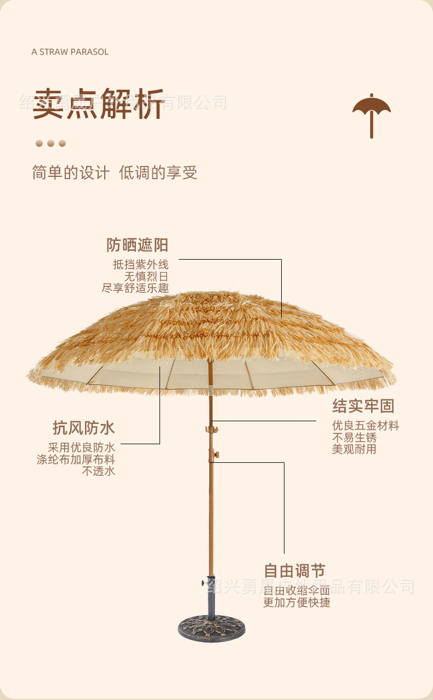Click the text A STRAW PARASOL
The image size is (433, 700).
pos(70,52)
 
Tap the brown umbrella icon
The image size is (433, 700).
pos(372,114)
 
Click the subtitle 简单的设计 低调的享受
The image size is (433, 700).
pos(115,173)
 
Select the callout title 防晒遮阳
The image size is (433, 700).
pos(137,245)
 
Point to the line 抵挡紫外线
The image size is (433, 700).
pos(141,265)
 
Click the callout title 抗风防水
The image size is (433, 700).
pos(84,428)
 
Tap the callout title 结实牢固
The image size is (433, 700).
pos(363,406)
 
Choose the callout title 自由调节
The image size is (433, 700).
pos(294,571)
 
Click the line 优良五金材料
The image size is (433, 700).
pos(366,426)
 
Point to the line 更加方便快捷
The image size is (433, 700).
pos(297,603)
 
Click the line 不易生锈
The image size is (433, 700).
pos(355,438)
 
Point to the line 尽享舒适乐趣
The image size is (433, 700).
pos(135,288)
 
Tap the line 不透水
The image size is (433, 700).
pos(99,471)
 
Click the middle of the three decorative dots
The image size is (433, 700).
pos(50,144)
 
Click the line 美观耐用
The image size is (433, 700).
pos(355,449)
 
